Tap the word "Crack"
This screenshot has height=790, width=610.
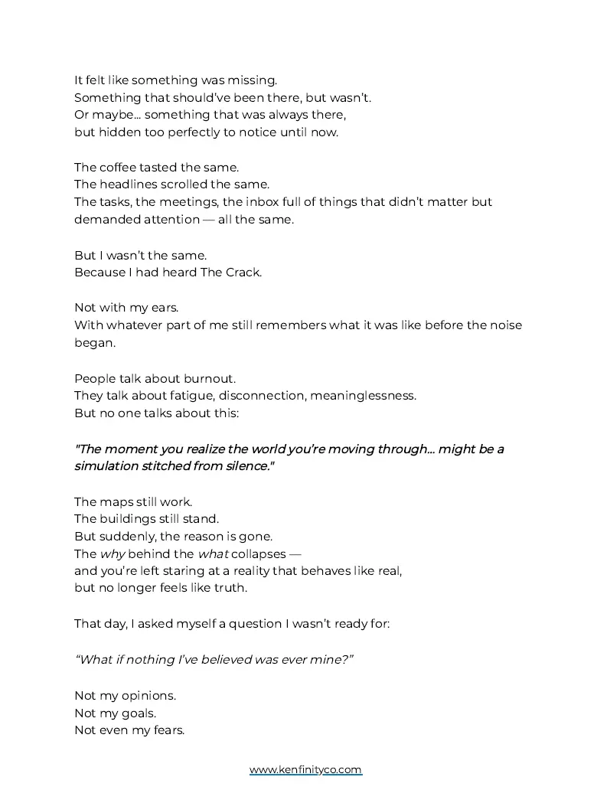pos(243,273)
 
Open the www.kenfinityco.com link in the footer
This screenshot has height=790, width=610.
pos(305,770)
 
